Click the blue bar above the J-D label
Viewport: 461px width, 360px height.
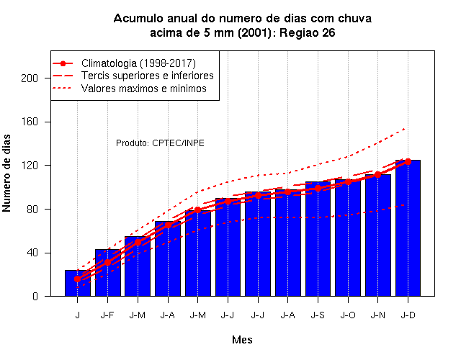coord(408,228)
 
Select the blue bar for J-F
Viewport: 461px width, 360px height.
coord(107,273)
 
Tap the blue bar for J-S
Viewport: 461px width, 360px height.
coord(318,239)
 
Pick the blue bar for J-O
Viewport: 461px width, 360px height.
coord(348,238)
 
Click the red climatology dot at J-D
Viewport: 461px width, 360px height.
coord(408,161)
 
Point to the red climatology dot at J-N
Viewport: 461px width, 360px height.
coord(377,174)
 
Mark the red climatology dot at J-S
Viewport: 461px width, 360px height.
coord(318,188)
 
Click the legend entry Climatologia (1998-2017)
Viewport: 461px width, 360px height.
coord(138,63)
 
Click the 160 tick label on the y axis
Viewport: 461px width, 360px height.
coord(30,122)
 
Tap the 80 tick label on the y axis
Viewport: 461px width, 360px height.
coord(32,210)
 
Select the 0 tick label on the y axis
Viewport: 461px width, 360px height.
coord(35,296)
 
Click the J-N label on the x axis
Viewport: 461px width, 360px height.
coord(377,315)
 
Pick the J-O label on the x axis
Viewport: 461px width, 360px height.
coord(348,315)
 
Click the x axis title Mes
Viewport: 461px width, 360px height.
coord(242,340)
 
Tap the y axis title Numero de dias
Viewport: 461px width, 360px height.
coord(6,173)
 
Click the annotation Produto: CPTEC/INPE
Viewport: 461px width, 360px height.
coord(160,143)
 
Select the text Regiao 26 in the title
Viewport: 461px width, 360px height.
coord(308,32)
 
